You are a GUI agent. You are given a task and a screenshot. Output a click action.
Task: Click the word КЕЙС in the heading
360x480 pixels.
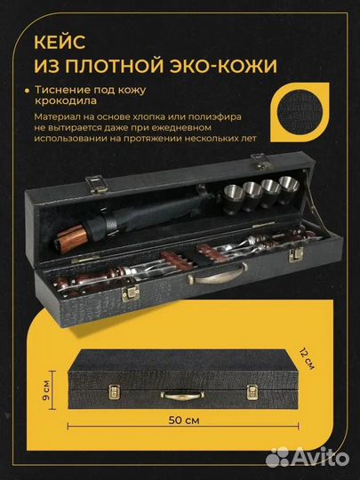coord(60,42)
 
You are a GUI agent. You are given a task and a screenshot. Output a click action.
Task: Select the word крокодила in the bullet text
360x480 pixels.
coord(66,100)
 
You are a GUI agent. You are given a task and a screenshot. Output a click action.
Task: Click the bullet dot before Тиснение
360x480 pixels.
coord(28,91)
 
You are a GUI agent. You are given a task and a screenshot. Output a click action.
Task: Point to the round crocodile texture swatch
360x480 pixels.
coord(300,112)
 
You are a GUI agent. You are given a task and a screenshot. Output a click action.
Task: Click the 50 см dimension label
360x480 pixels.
coord(184,420)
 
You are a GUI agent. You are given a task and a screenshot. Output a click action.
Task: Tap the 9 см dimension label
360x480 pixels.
coord(46,390)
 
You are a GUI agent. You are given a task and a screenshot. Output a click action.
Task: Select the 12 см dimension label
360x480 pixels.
coord(307,359)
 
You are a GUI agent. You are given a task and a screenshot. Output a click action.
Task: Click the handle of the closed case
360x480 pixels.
coord(183,396)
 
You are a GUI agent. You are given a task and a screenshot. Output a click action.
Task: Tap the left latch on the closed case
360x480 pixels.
coord(115,392)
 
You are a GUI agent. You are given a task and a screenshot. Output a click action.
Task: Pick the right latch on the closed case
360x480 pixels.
coord(252,393)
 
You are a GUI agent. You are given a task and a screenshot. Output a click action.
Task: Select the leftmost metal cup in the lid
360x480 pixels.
coord(233,199)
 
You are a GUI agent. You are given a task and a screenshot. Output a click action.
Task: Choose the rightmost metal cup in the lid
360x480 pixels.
coord(288,190)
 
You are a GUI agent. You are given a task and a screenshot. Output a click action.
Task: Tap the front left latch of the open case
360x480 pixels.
coord(131,292)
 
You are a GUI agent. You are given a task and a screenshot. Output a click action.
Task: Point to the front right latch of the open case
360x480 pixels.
coord(296,254)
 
